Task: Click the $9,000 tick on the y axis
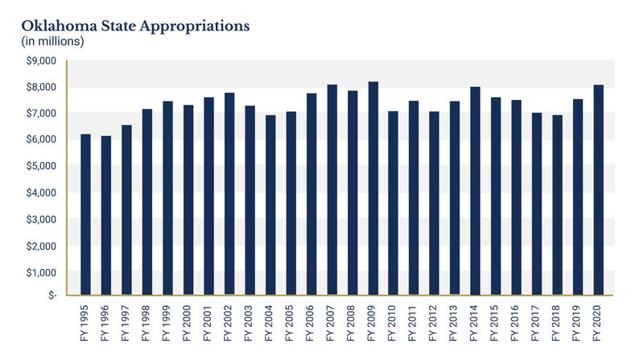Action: (42, 61)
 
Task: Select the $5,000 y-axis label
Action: (42, 167)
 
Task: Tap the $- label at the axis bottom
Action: (50, 296)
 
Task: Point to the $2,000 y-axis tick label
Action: (42, 246)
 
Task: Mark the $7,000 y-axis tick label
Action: (42, 114)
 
